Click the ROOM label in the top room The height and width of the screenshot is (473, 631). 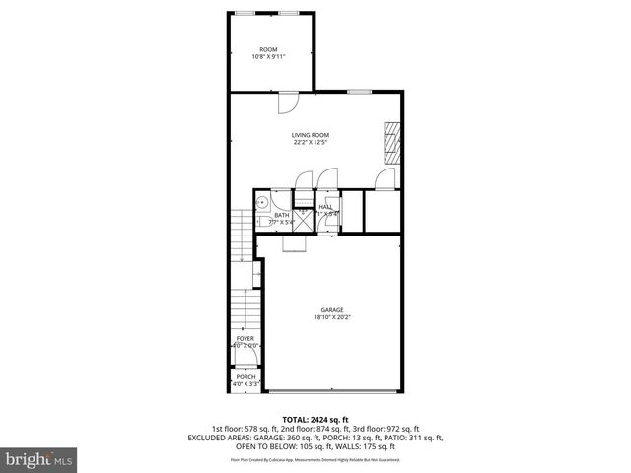point(268,49)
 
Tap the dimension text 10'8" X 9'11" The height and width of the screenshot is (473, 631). point(268,57)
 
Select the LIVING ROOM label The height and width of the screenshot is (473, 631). point(310,135)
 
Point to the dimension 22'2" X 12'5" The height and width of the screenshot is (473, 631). point(310,143)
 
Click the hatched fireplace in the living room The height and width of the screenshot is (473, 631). point(393,143)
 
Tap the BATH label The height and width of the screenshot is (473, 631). point(282,215)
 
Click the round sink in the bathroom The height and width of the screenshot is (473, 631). point(262,202)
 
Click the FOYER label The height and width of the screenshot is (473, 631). point(245,338)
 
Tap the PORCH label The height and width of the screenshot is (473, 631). point(245,376)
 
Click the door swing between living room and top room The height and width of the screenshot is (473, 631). point(285,101)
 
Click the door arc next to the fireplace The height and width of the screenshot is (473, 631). point(386,178)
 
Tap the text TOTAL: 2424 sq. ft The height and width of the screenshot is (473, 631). point(315,419)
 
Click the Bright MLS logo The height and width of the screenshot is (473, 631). point(39,458)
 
